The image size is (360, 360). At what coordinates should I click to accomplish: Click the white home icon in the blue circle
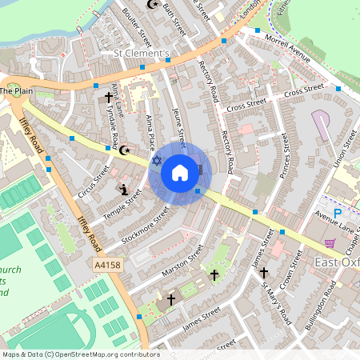179,173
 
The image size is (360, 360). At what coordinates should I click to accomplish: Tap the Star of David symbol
156,162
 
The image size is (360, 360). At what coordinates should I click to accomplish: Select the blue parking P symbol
337,214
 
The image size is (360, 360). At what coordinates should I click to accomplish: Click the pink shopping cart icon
330,242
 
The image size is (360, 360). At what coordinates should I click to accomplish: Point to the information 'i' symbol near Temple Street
123,190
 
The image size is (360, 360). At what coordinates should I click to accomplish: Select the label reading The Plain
16,91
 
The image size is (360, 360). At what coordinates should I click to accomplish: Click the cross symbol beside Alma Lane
108,98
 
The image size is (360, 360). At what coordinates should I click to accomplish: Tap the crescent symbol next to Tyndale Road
124,149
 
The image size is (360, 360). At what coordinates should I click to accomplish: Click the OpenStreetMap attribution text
80,354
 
